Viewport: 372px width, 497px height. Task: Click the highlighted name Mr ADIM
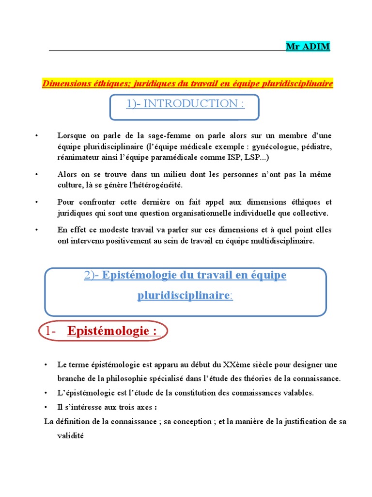(x=308, y=47)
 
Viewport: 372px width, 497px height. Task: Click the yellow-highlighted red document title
(x=188, y=83)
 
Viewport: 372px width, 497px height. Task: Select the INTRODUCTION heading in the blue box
(x=185, y=103)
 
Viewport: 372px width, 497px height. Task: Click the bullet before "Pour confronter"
(x=36, y=201)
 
